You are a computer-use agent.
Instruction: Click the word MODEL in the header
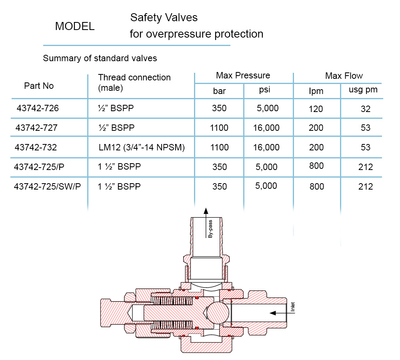click(75, 26)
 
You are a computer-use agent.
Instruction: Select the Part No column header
click(39, 86)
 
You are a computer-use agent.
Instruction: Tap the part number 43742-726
click(38, 108)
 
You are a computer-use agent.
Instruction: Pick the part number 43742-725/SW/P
click(47, 186)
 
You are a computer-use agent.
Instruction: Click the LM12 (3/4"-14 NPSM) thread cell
click(142, 148)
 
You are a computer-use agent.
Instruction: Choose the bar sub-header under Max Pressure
click(219, 91)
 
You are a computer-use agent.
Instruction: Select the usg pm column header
click(363, 90)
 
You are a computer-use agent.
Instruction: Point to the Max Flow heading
click(344, 76)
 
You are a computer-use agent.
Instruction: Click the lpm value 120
click(316, 109)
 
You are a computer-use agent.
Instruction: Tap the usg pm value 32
click(366, 109)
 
